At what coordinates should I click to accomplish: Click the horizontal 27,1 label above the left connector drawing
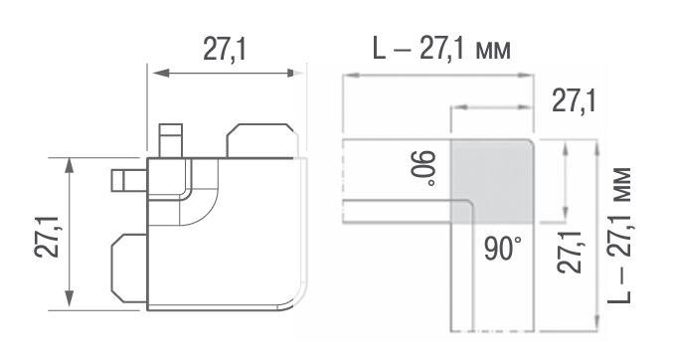click(x=225, y=50)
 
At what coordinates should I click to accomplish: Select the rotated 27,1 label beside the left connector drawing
click(x=47, y=237)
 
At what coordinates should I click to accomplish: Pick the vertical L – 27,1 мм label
click(x=619, y=236)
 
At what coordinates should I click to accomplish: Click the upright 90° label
click(x=503, y=249)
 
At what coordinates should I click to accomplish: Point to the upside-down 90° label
click(x=422, y=168)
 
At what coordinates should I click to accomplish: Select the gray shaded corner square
click(x=491, y=181)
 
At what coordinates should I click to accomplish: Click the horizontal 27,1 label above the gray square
click(x=574, y=101)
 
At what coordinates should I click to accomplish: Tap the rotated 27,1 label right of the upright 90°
click(x=570, y=253)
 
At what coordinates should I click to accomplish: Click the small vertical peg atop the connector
click(x=171, y=141)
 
